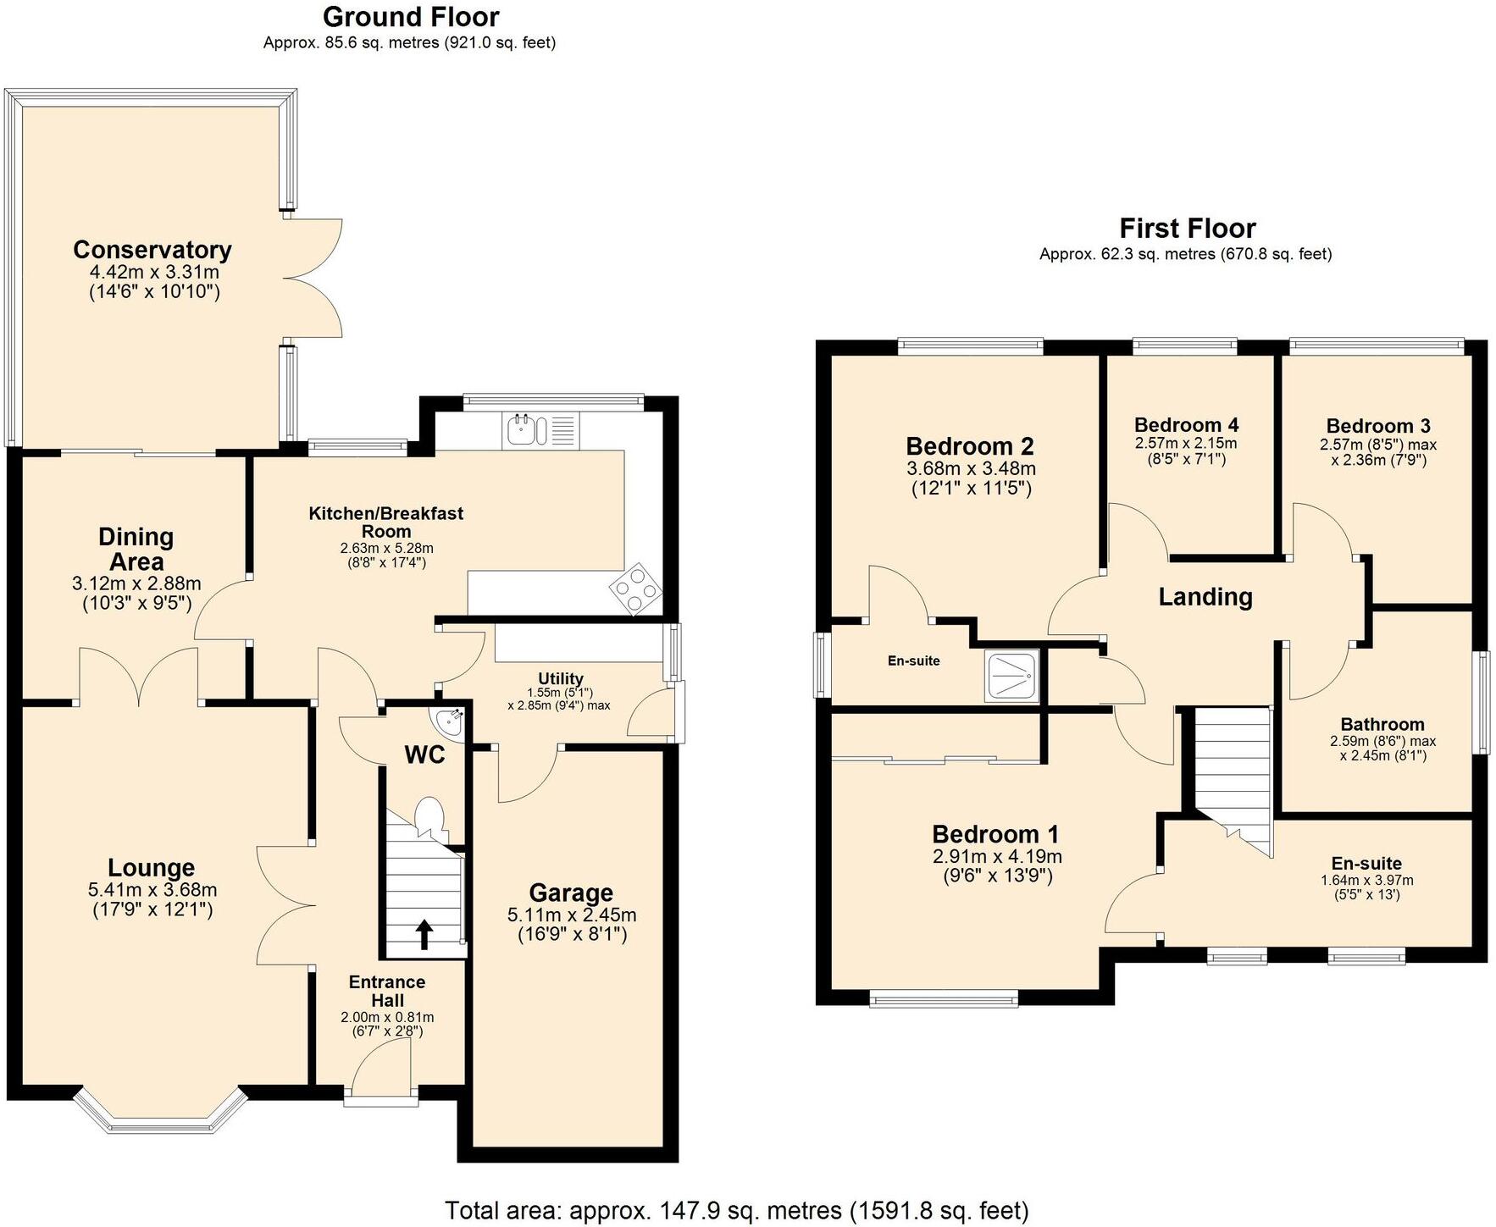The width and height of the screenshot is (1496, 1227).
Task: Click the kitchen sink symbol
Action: pos(519,430)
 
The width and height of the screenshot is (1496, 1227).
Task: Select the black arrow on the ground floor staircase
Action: pos(424,934)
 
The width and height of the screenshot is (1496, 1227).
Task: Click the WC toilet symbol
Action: pos(429,817)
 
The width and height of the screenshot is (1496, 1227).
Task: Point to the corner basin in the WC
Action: pos(449,721)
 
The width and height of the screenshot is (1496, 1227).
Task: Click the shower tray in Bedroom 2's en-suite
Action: pos(1011,675)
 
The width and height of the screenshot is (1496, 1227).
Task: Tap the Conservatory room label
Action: pos(152,250)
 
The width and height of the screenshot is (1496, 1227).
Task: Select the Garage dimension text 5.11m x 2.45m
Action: pos(572,915)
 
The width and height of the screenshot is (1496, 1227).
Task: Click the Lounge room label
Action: pos(152,867)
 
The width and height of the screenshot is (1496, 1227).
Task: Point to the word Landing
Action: pos(1205,597)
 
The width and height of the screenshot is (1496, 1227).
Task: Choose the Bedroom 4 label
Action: pos(1185,425)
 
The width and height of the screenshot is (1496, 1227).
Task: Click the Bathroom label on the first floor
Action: pos(1382,724)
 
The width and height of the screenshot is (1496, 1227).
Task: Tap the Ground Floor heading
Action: pos(411,17)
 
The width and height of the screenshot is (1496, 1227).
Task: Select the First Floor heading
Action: pos(1187,228)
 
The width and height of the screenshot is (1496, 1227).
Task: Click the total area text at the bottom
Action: pos(736,1210)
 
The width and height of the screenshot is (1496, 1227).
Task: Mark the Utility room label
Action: pos(561,678)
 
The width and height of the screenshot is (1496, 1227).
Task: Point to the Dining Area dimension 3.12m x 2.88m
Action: pos(136,583)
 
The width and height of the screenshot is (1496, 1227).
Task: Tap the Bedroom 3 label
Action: pos(1377,426)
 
